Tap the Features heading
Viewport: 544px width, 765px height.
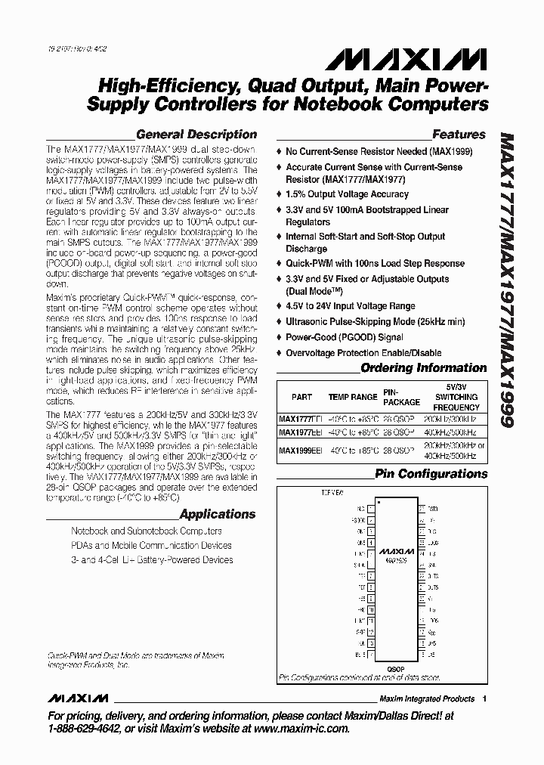coord(459,135)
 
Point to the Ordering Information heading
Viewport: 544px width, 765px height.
coord(423,368)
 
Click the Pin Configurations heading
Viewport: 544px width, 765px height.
coord(431,474)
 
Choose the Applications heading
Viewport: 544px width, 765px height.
coord(218,514)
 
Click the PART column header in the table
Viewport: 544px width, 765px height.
coord(301,396)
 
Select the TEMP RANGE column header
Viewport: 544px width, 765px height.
coord(352,396)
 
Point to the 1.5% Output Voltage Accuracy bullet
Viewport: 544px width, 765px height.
coord(343,194)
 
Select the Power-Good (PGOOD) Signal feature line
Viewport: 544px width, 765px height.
coord(344,338)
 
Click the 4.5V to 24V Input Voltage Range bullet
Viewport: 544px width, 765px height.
coord(350,306)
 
